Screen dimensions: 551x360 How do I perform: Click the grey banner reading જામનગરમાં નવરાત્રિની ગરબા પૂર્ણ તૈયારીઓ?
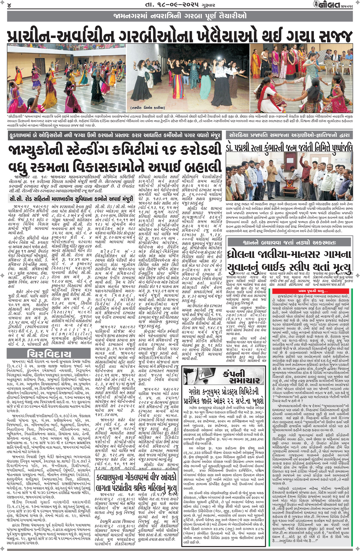pos(180,16)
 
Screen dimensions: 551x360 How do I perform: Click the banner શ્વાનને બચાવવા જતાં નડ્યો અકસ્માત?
pos(290,242)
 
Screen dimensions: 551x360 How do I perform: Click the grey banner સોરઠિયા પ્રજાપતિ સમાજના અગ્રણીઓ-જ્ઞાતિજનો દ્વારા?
pos(289,135)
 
